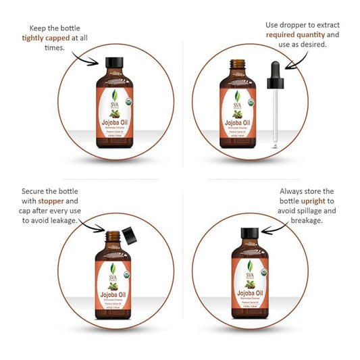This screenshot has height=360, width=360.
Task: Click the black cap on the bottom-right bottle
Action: click(x=247, y=237)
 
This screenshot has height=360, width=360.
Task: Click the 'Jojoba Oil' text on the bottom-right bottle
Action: click(x=247, y=294)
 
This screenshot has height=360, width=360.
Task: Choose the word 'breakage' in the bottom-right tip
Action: click(x=305, y=220)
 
